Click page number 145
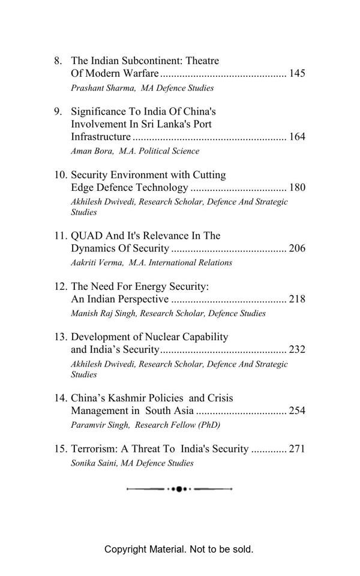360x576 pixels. click(x=297, y=74)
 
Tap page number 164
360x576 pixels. click(x=297, y=137)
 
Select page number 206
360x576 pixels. click(x=297, y=248)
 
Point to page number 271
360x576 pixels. click(x=297, y=449)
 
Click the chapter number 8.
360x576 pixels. click(x=58, y=61)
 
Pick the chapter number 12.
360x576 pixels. click(x=60, y=287)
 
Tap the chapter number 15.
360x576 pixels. click(x=60, y=449)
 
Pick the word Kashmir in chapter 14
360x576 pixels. click(x=124, y=398)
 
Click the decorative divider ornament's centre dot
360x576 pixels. click(x=179, y=490)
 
